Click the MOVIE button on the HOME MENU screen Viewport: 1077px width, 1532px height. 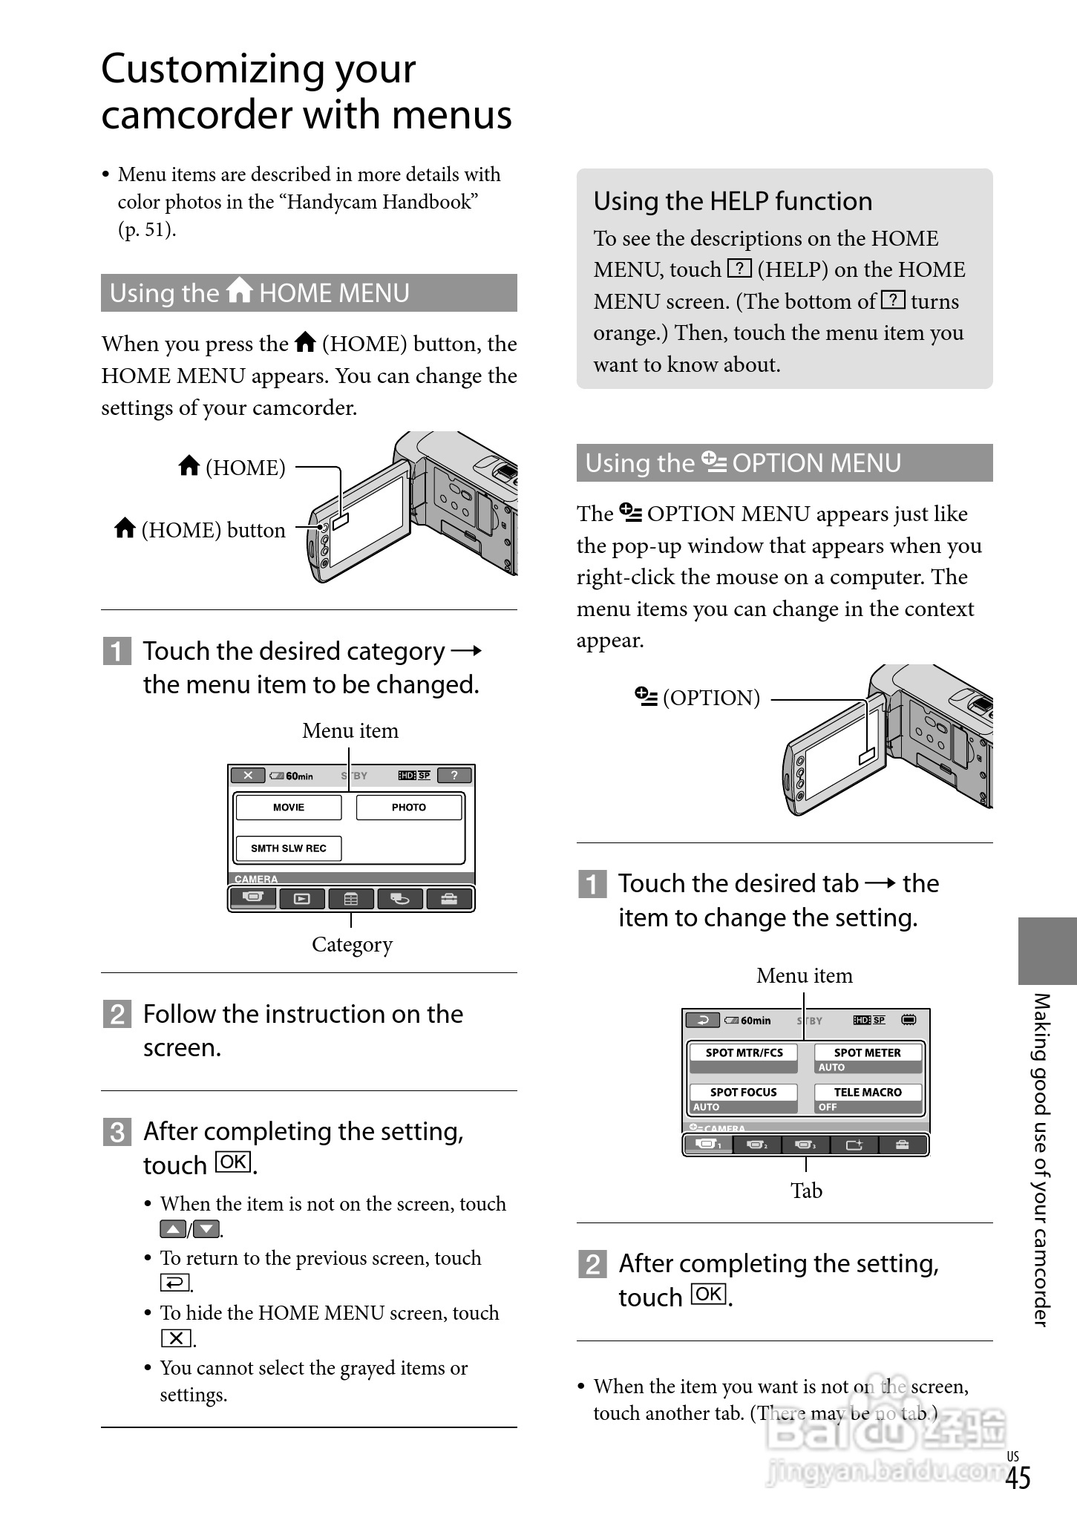pyautogui.click(x=289, y=808)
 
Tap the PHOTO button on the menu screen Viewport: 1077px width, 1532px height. pyautogui.click(x=409, y=808)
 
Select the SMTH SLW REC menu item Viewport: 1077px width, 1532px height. pyautogui.click(x=289, y=848)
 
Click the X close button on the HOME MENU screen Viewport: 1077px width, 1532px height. pyautogui.click(x=248, y=776)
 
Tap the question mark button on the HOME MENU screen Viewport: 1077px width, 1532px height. pyautogui.click(x=454, y=776)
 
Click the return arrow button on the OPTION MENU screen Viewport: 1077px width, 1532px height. pyautogui.click(x=702, y=1021)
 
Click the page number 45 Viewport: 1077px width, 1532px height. pyautogui.click(x=1018, y=1479)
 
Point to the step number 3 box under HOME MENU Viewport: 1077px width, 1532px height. pyautogui.click(x=117, y=1133)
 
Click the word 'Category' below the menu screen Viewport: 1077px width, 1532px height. pyautogui.click(x=352, y=944)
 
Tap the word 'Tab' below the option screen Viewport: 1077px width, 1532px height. pyautogui.click(x=806, y=1191)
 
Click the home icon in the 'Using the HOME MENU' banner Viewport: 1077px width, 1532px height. pyautogui.click(x=240, y=291)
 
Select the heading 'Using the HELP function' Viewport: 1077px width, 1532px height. pyautogui.click(x=733, y=201)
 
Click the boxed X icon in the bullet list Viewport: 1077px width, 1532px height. pyautogui.click(x=176, y=1338)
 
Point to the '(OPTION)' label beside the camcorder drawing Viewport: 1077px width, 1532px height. pyautogui.click(x=711, y=698)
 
